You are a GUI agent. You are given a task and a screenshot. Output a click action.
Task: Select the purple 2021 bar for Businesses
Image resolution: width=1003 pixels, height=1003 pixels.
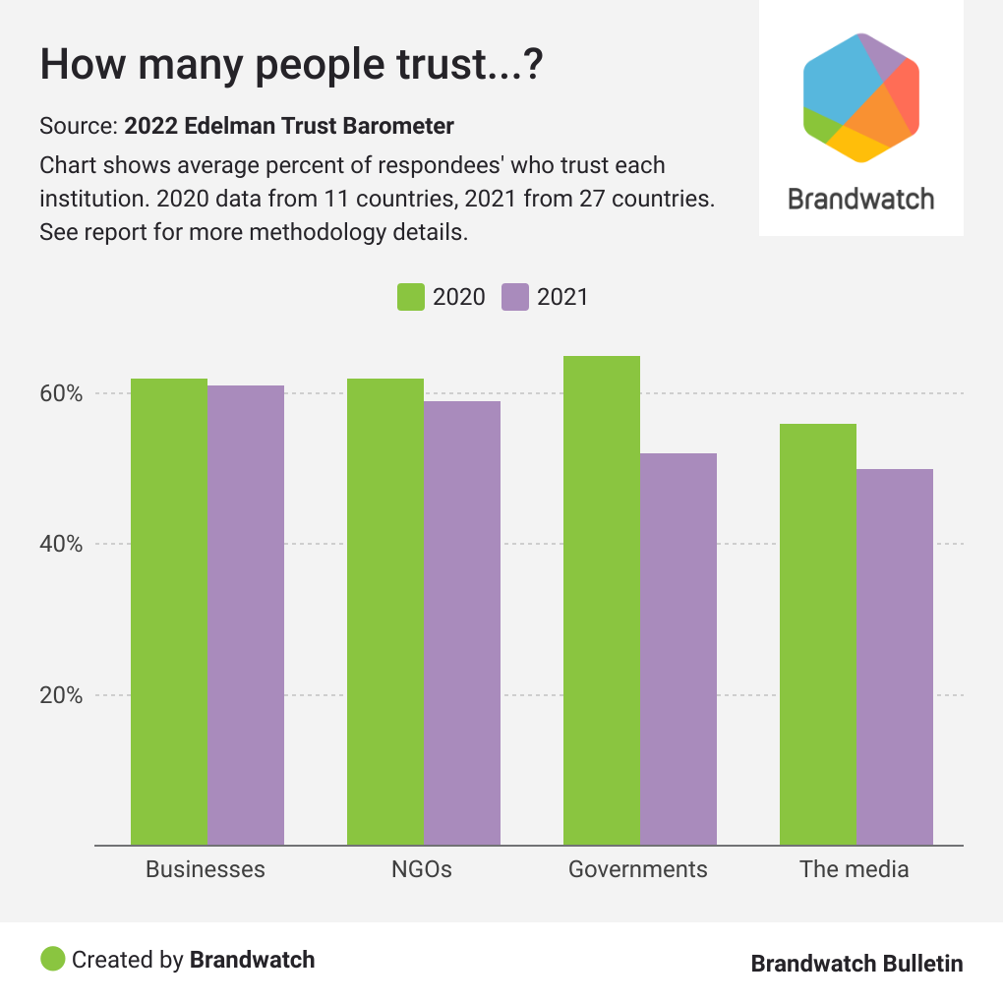point(246,615)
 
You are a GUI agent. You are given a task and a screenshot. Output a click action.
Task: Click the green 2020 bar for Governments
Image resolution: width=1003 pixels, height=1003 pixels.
point(602,600)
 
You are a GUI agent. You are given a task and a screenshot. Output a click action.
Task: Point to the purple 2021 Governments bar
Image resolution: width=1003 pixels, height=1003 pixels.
point(678,649)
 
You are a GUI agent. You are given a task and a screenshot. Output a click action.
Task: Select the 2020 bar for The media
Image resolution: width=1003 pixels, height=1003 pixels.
point(818,634)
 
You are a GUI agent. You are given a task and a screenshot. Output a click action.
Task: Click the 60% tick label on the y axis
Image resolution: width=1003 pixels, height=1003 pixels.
point(61,393)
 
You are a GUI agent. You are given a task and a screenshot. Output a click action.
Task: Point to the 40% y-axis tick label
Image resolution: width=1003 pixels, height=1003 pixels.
point(61,544)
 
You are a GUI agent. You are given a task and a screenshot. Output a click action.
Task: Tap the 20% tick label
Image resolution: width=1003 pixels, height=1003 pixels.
point(61,695)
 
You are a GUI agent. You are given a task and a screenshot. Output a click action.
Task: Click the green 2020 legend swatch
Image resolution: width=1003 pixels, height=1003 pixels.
point(410,297)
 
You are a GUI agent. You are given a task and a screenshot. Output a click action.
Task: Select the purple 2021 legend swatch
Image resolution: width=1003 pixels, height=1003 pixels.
point(515,297)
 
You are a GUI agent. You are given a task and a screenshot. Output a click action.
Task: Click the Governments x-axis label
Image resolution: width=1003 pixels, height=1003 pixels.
point(638,869)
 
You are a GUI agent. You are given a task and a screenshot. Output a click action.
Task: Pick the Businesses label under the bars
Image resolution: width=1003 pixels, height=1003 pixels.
point(206,869)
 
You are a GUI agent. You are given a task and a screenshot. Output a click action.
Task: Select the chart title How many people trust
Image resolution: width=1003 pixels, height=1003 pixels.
point(292,65)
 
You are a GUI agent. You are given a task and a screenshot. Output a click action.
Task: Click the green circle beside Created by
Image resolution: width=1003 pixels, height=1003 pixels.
point(53,959)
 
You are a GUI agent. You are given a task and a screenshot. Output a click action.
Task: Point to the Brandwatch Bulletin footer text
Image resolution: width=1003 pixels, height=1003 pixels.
point(856,964)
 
